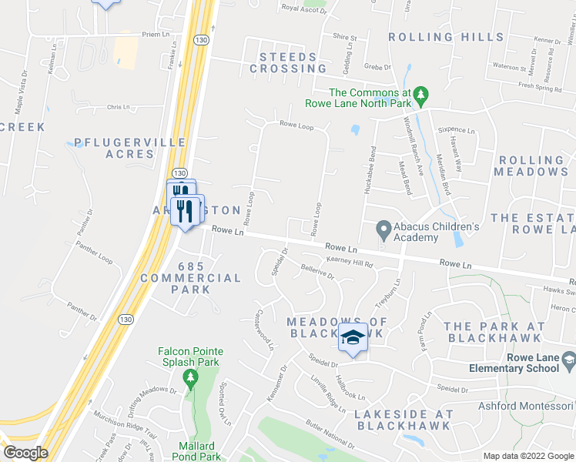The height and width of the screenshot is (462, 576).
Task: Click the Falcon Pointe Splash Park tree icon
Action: coord(189,377)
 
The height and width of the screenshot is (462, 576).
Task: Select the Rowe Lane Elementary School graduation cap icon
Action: coord(568,359)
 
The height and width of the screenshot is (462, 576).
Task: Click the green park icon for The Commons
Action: coord(420,95)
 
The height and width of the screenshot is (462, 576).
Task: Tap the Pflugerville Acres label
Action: coord(115,148)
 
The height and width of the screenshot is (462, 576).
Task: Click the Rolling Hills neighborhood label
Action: coord(447,37)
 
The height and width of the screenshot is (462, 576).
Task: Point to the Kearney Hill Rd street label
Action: coord(350,263)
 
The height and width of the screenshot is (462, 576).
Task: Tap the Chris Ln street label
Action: coord(119,108)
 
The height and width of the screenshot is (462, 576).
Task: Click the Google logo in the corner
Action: coord(25,453)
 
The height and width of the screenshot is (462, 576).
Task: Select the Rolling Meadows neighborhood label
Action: coord(531,166)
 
